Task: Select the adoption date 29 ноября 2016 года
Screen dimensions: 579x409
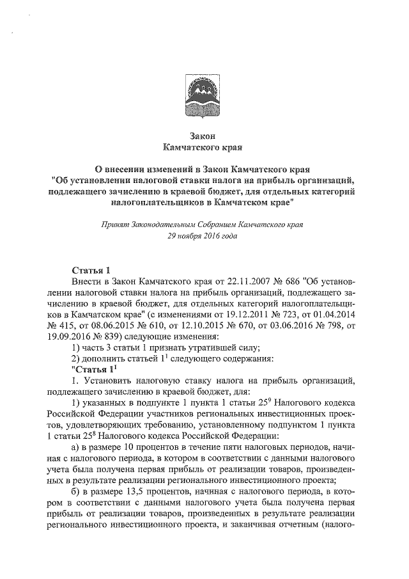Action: tap(202, 236)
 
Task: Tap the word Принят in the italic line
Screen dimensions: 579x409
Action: tap(115, 225)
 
